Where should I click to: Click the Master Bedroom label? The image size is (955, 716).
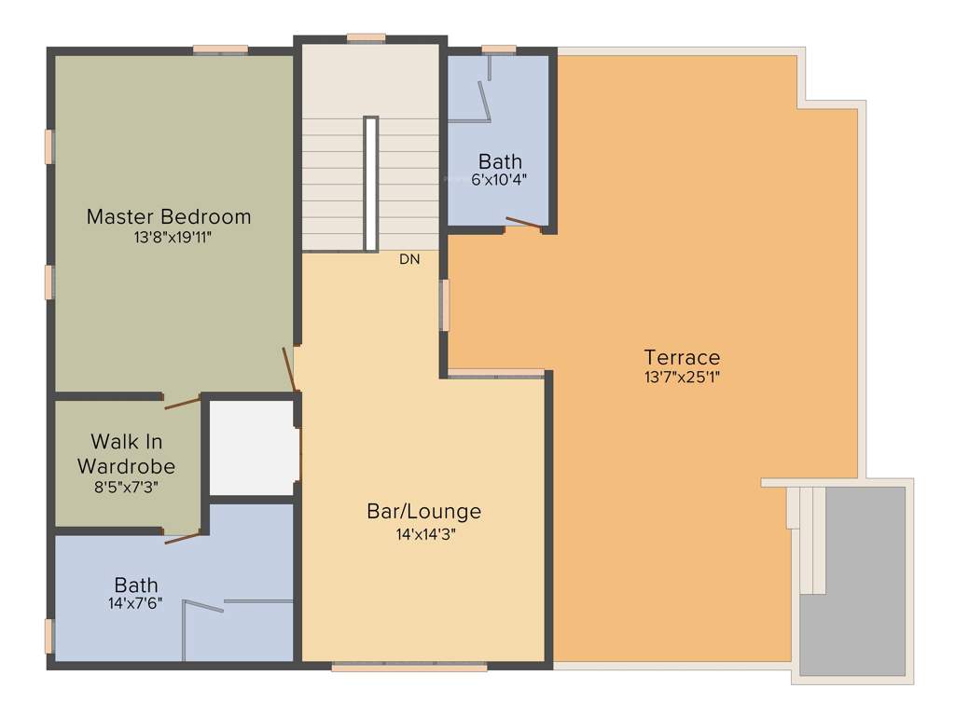[x=169, y=216]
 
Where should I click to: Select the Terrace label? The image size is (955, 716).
[x=682, y=357]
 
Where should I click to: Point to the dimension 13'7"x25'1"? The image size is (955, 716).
[x=682, y=378]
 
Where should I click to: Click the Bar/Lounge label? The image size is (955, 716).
[x=424, y=511]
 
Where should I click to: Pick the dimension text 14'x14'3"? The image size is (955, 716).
[x=424, y=534]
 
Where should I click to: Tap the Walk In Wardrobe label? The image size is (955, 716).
[x=127, y=452]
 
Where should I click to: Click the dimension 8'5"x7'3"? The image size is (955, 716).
[x=127, y=485]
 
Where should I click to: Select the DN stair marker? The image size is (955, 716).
[x=409, y=259]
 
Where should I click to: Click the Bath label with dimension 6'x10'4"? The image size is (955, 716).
[x=501, y=161]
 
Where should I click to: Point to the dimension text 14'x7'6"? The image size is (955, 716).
[x=136, y=603]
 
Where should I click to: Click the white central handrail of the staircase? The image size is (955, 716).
[x=370, y=183]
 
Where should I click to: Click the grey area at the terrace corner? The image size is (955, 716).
[x=852, y=583]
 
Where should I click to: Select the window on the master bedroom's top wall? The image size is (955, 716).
[x=220, y=49]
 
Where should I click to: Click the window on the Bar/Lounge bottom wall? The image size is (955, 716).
[x=409, y=667]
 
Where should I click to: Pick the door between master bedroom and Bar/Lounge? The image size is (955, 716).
[x=291, y=369]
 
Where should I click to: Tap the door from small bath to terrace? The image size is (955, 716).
[x=522, y=223]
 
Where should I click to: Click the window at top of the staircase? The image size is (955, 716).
[x=366, y=38]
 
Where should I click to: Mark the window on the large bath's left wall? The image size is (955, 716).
[x=49, y=635]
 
